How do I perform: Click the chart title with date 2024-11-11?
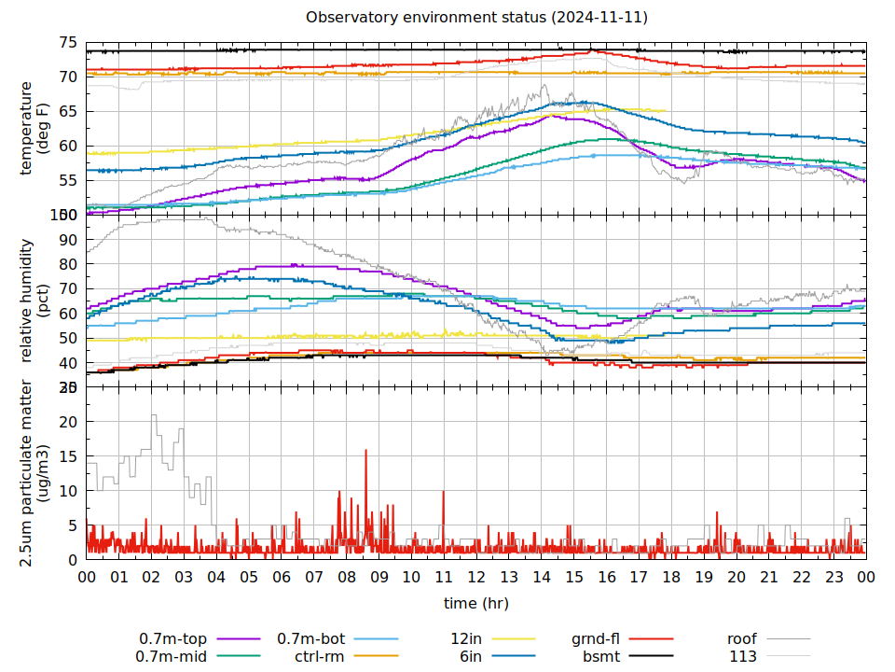pyautogui.click(x=476, y=18)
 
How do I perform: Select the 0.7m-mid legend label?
pyautogui.click(x=173, y=656)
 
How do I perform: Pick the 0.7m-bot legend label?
pyautogui.click(x=311, y=639)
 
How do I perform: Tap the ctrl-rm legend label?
pyautogui.click(x=320, y=656)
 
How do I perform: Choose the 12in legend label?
pyautogui.click(x=465, y=639)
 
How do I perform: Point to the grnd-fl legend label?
pyautogui.click(x=596, y=639)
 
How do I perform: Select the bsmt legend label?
pyautogui.click(x=601, y=656)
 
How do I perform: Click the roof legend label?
pyautogui.click(x=742, y=639)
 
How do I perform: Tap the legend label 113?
pyautogui.click(x=743, y=656)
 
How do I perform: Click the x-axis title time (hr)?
pyautogui.click(x=475, y=603)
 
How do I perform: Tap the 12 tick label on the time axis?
pyautogui.click(x=475, y=578)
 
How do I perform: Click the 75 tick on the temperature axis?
pyautogui.click(x=67, y=43)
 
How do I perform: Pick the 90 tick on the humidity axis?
pyautogui.click(x=67, y=239)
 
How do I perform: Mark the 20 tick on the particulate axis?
pyautogui.click(x=67, y=421)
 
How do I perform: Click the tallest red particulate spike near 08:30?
pyautogui.click(x=365, y=451)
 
